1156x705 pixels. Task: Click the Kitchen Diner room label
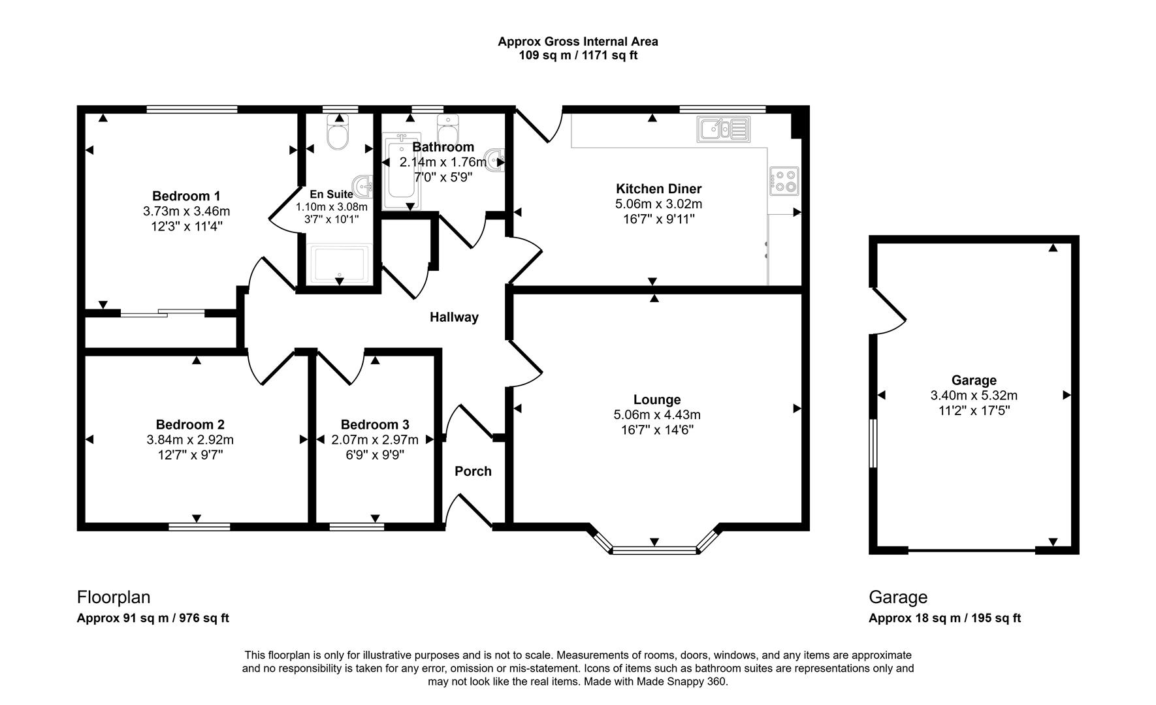(658, 189)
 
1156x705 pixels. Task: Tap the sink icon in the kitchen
(723, 129)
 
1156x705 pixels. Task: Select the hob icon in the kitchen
(784, 181)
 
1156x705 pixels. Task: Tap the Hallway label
(454, 317)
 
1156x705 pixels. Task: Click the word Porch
(473, 471)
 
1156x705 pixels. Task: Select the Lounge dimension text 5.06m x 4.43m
(657, 415)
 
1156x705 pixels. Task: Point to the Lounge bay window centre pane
(654, 550)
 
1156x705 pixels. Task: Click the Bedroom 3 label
(375, 424)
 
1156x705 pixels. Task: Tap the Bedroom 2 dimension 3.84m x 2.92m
(190, 440)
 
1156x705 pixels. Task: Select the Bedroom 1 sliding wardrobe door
(162, 313)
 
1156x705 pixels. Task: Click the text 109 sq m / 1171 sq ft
(577, 55)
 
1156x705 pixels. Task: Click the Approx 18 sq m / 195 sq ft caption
(944, 618)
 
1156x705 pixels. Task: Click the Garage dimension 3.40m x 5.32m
(974, 396)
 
